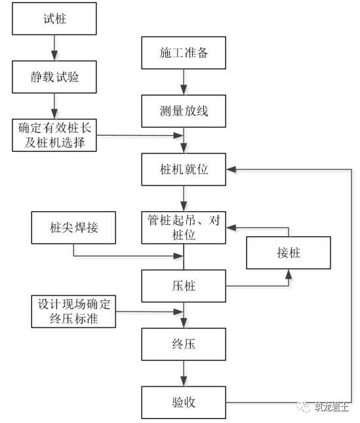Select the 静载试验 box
[x=54, y=78]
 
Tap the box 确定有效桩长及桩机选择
[x=54, y=135]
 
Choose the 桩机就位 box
[x=184, y=169]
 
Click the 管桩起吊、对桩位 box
[x=184, y=228]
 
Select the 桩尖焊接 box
[x=74, y=229]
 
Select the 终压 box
[x=184, y=342]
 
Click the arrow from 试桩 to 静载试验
[x=54, y=49]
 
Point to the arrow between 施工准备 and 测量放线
[x=184, y=83]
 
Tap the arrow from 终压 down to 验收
[x=184, y=372]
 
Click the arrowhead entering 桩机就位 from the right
[x=231, y=169]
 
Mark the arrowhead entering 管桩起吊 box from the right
[x=231, y=228]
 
